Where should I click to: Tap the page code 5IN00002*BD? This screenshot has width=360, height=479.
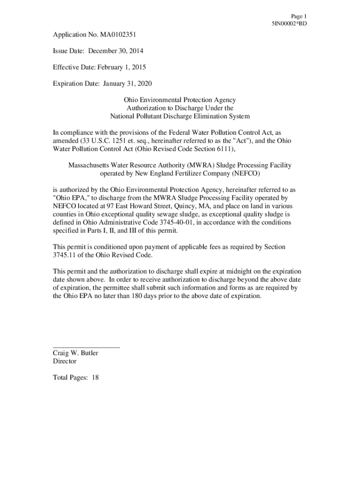click(x=289, y=23)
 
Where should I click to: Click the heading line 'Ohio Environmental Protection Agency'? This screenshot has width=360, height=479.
click(x=180, y=100)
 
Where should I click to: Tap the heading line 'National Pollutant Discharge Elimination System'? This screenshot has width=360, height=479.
click(x=180, y=116)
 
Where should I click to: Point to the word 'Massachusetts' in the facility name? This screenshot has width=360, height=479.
click(x=89, y=165)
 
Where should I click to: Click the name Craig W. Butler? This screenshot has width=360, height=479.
click(x=75, y=353)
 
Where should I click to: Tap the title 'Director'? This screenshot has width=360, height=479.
click(x=65, y=361)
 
